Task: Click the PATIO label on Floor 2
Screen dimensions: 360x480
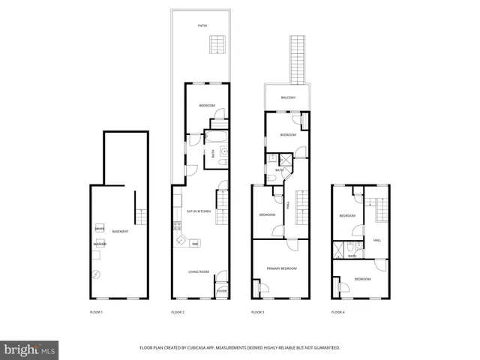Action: click(202, 25)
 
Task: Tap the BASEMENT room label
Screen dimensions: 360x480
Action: click(120, 231)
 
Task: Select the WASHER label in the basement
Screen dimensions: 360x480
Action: click(100, 244)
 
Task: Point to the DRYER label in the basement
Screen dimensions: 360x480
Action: click(99, 228)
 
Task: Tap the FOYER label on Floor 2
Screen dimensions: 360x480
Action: click(222, 290)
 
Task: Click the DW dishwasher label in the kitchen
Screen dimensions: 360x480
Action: click(195, 244)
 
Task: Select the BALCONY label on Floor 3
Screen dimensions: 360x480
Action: click(288, 97)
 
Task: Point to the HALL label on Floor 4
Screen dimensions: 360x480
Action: click(377, 241)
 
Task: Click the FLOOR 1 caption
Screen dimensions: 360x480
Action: click(96, 312)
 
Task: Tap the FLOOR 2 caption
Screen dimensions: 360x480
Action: click(178, 312)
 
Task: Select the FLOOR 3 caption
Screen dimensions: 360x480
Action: click(257, 312)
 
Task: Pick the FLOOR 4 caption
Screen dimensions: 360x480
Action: click(338, 312)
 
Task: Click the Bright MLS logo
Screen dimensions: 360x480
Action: click(30, 349)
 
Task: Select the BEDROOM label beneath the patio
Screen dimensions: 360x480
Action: click(207, 106)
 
